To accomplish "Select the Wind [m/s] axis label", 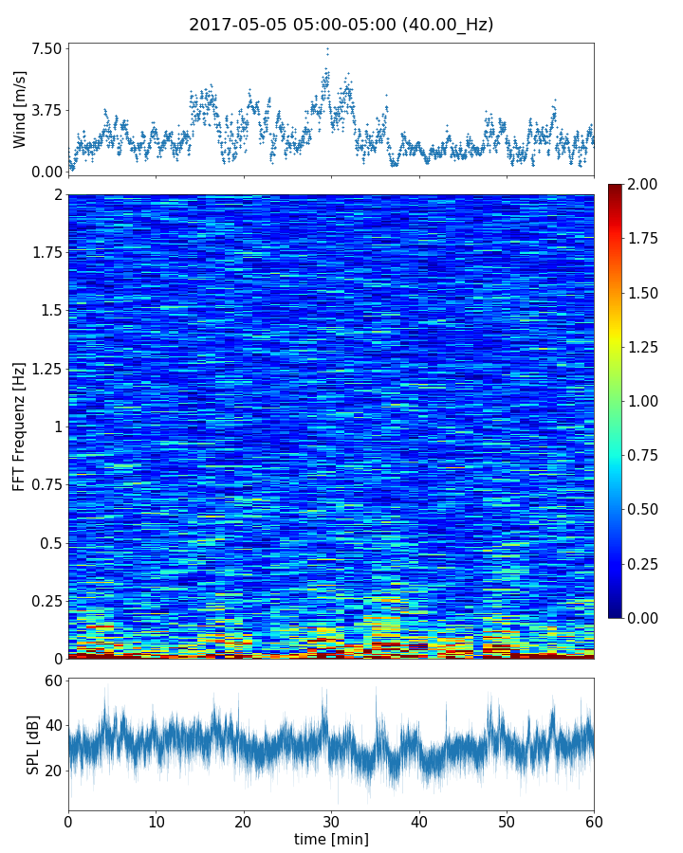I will [x=20, y=109].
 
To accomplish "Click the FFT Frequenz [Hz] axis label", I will [x=20, y=426].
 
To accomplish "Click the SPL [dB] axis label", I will [x=34, y=744].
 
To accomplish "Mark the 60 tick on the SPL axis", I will [x=51, y=681].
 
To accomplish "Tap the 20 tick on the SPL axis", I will [x=51, y=770].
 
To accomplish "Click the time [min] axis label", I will [x=331, y=839].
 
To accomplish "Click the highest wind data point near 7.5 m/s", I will [x=327, y=49].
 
